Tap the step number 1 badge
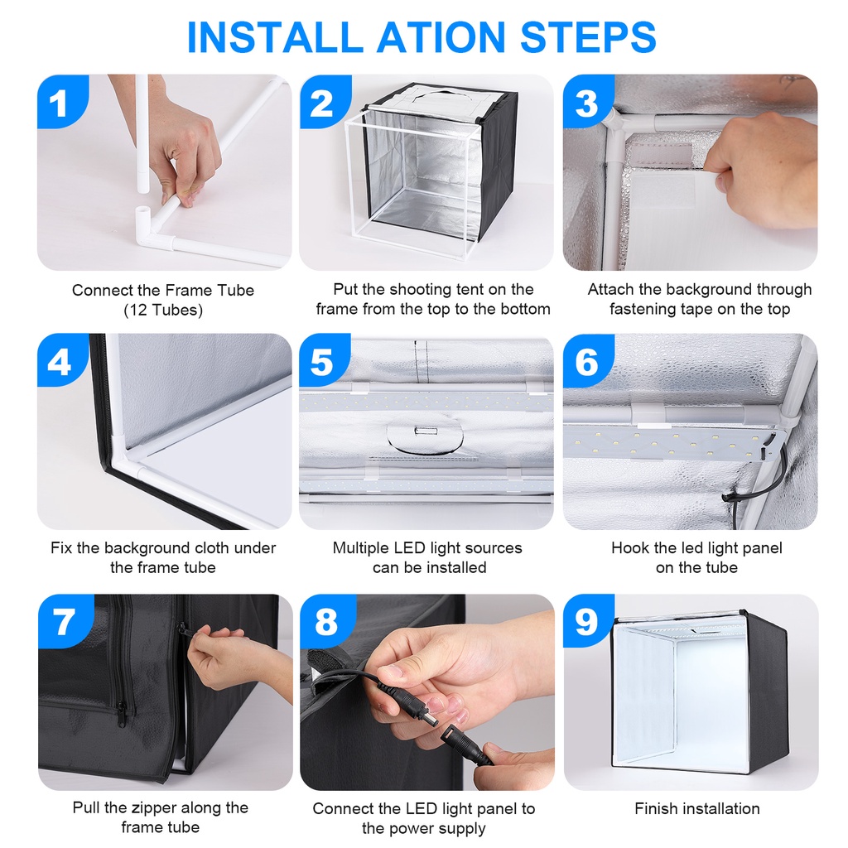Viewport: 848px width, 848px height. [60, 101]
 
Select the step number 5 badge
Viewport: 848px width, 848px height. [324, 360]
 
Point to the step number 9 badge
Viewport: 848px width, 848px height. [588, 621]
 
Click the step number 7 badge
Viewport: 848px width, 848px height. [65, 621]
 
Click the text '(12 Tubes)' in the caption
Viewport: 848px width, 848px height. [163, 311]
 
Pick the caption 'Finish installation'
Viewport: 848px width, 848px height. [697, 808]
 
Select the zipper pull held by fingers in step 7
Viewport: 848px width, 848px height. [183, 629]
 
